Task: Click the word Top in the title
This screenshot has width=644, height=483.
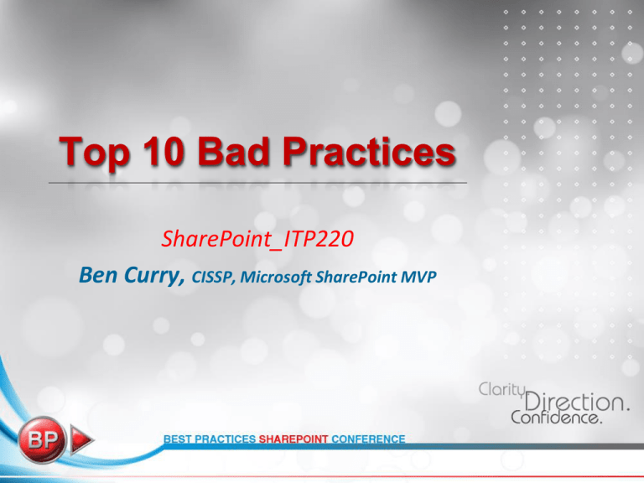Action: coord(95,153)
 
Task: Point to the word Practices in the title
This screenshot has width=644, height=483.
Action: coord(369,151)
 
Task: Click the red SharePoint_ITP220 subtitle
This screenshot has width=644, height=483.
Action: coord(257,239)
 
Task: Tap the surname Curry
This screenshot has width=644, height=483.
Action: coord(154,276)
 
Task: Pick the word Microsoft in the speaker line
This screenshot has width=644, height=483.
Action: coord(276,278)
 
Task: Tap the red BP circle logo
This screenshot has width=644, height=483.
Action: coord(41,440)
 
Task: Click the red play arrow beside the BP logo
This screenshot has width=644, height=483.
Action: coord(81,440)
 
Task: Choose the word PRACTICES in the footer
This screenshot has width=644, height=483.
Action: coord(225,439)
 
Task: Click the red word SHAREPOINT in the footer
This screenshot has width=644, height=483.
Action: coord(293,439)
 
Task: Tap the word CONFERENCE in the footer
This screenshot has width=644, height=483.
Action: coord(368,439)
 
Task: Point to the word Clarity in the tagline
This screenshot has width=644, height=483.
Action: coord(502,389)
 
